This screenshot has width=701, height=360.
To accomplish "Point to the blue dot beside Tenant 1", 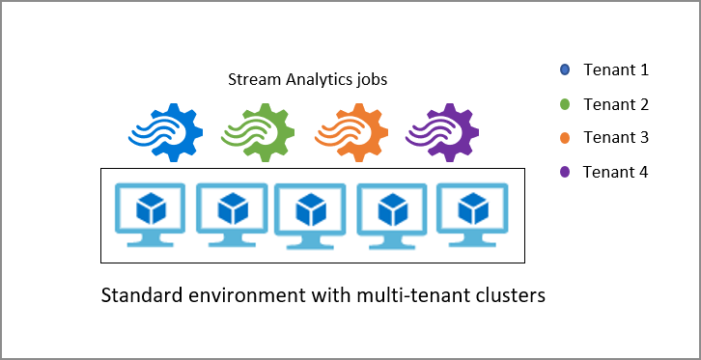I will tap(565, 69).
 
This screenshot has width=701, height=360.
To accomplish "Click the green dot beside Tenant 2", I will tap(565, 103).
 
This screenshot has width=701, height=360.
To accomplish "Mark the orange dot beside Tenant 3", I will tap(565, 138).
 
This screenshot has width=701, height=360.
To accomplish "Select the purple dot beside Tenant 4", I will tap(565, 172).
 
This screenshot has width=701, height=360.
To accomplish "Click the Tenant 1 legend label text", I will tap(616, 69).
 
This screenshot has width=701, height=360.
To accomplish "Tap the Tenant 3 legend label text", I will tap(616, 138).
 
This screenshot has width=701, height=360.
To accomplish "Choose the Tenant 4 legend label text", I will tap(616, 172).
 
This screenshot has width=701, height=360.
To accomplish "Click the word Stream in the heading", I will tap(250, 79).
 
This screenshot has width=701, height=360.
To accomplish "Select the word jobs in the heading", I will tap(370, 80).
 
